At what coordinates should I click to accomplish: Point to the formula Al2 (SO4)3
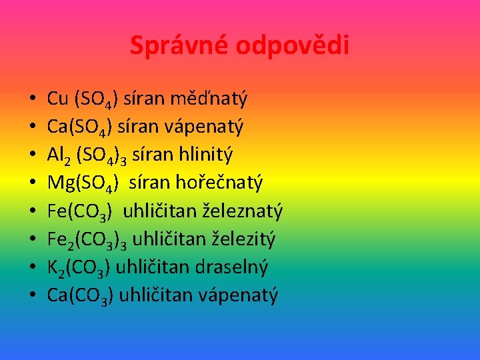(x=88, y=155)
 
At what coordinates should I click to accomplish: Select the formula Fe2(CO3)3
(x=88, y=240)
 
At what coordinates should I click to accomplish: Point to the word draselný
(x=233, y=267)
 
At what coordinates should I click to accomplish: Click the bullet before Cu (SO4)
(x=32, y=100)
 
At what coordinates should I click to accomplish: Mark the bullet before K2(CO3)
(x=32, y=268)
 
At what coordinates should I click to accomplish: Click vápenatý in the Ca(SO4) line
(x=209, y=127)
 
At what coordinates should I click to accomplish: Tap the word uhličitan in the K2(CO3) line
(x=154, y=267)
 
